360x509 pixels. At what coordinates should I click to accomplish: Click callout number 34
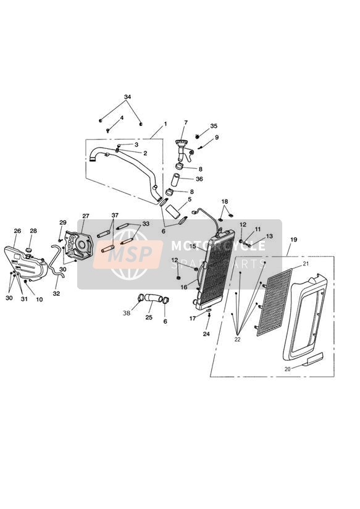(x=127, y=97)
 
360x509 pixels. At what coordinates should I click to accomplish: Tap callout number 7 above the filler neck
(x=186, y=122)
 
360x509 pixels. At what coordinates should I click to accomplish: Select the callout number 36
(x=199, y=179)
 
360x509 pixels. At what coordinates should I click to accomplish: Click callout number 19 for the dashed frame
(x=293, y=240)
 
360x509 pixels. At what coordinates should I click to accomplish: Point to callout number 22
(x=237, y=340)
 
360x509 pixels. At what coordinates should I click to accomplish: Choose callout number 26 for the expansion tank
(x=17, y=231)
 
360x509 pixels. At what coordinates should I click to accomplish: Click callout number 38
(x=126, y=313)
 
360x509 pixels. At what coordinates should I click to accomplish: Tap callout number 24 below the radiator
(x=206, y=334)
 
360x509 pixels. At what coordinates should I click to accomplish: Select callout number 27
(x=85, y=216)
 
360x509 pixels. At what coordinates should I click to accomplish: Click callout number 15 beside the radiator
(x=193, y=246)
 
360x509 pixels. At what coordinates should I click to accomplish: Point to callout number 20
(x=287, y=369)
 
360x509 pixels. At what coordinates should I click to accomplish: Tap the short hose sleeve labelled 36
(x=175, y=180)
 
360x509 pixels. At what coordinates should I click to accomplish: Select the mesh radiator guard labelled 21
(x=274, y=302)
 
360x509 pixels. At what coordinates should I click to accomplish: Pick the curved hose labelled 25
(x=152, y=298)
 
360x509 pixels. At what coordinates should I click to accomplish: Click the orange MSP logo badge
(x=128, y=254)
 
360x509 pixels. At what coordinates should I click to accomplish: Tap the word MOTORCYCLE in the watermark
(x=218, y=245)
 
